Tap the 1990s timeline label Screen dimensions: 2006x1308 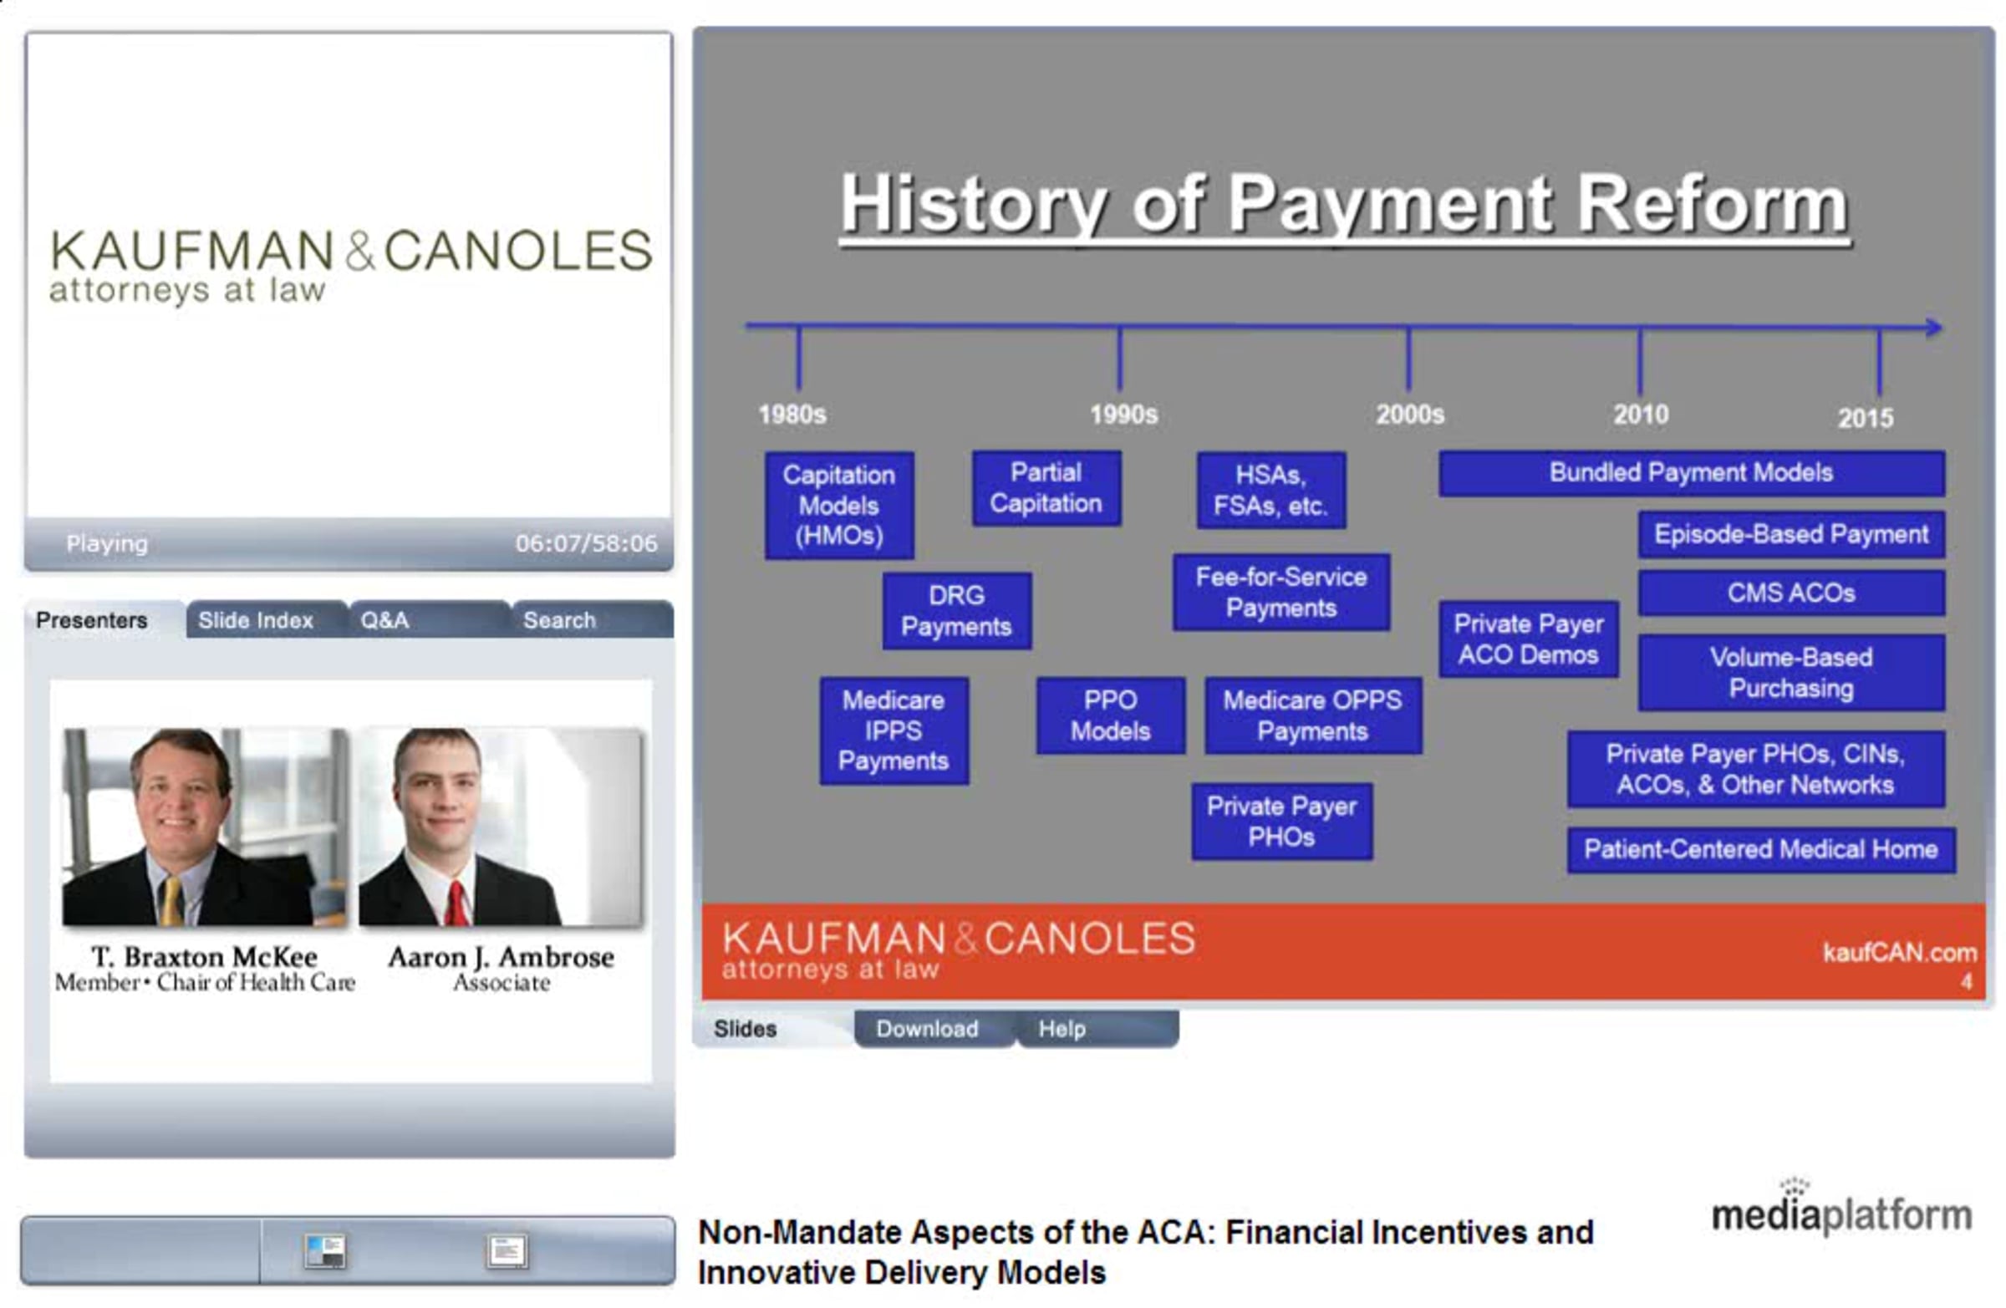[1123, 415]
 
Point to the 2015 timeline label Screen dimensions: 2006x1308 [1866, 418]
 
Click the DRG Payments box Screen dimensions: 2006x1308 [957, 611]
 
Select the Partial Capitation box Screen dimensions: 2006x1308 [1046, 488]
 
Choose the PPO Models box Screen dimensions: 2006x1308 [1110, 715]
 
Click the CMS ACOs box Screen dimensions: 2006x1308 [1791, 593]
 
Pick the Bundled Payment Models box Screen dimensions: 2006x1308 [1692, 473]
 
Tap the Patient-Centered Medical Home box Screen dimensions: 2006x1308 [1761, 849]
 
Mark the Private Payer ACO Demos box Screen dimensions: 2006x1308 [1528, 639]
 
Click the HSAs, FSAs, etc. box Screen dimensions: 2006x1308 [1271, 490]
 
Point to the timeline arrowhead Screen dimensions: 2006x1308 [1933, 328]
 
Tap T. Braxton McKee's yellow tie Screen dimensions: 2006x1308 [172, 901]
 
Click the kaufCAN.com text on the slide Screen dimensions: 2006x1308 [1899, 953]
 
